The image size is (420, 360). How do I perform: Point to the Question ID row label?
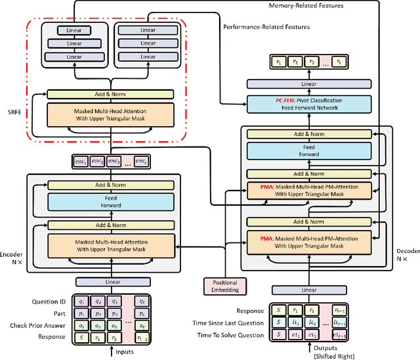coord(49,302)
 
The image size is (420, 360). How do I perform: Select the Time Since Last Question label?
coord(227,323)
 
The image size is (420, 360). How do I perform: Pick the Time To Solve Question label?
coord(227,336)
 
